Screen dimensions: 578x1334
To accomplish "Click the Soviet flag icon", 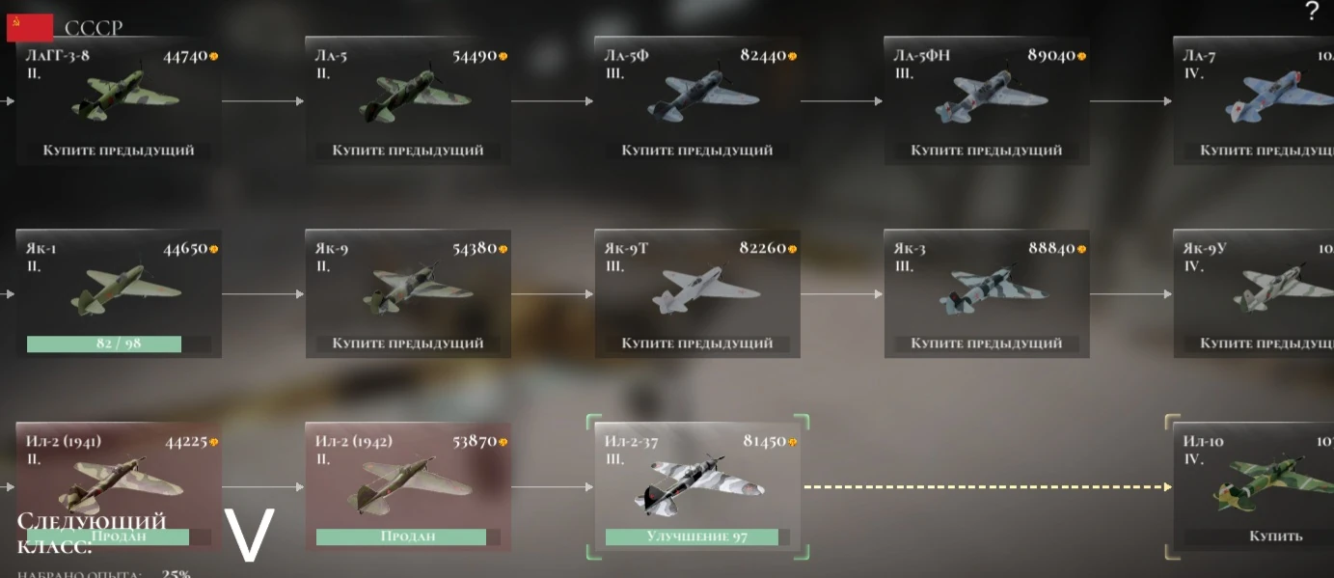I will click(x=29, y=28).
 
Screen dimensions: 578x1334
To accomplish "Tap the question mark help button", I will click(x=1311, y=13).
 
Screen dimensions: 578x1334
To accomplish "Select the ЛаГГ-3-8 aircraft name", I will click(x=58, y=56).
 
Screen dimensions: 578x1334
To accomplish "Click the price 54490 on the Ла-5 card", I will click(x=475, y=56).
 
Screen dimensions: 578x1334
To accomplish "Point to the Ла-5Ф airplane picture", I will click(x=697, y=97).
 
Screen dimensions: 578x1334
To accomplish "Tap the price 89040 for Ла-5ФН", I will click(x=1051, y=56).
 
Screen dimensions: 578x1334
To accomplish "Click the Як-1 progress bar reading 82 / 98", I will click(x=104, y=344).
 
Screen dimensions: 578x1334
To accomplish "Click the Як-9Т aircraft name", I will click(x=626, y=249).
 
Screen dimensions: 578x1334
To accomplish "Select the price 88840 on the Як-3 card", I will click(x=1051, y=249).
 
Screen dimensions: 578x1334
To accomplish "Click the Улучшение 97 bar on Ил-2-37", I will click(x=692, y=537).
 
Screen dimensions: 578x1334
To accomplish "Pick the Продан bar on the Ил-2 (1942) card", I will click(x=401, y=537).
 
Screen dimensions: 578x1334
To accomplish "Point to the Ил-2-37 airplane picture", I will click(x=693, y=483).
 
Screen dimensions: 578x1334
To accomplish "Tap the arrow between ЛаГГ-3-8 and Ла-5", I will click(x=262, y=100).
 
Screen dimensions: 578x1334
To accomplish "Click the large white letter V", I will click(x=250, y=535).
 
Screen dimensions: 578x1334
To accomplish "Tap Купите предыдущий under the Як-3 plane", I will click(x=986, y=344).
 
